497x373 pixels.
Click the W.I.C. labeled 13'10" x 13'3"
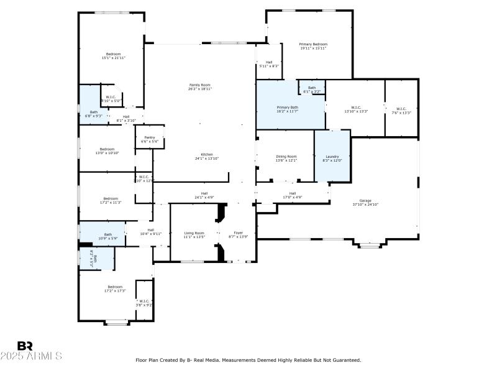[x=356, y=109]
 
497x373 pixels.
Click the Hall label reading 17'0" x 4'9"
[x=292, y=195]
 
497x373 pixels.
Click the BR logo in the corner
[x=25, y=346]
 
